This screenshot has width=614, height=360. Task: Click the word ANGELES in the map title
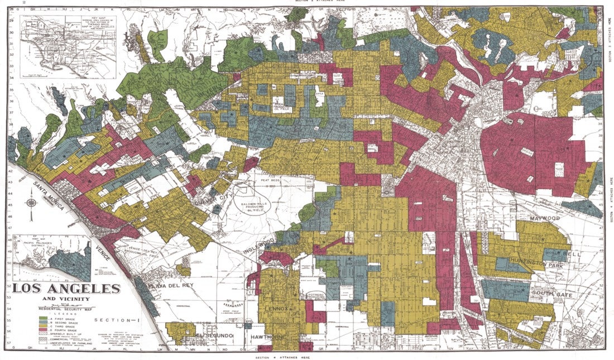[x=86, y=289]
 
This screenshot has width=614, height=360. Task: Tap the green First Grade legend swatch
[x=42, y=318]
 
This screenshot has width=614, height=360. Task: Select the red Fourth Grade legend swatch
[x=42, y=330]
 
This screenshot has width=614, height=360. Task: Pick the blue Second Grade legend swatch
[x=42, y=322]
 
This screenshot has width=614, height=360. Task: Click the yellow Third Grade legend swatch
[x=42, y=327]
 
